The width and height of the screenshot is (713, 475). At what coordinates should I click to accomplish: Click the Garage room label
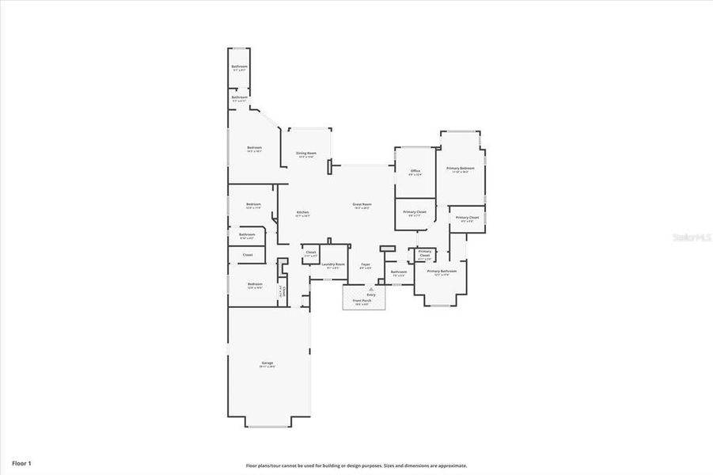pyautogui.click(x=267, y=363)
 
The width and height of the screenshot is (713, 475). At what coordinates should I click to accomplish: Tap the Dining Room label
pyautogui.click(x=306, y=153)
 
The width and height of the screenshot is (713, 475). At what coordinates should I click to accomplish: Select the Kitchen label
pyautogui.click(x=302, y=212)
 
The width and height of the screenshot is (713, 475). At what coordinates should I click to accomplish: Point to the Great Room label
pyautogui.click(x=362, y=204)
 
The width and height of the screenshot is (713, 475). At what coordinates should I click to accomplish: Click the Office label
pyautogui.click(x=415, y=170)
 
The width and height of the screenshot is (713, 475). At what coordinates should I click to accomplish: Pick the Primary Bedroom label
pyautogui.click(x=460, y=168)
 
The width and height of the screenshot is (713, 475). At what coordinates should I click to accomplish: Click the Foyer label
pyautogui.click(x=365, y=264)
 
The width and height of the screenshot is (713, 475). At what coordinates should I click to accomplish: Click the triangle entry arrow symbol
pyautogui.click(x=370, y=290)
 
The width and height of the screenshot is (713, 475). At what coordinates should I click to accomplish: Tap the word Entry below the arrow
pyautogui.click(x=370, y=295)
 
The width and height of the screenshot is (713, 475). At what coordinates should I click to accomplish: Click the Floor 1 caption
pyautogui.click(x=21, y=462)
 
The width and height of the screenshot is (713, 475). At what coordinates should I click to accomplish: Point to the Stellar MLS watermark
pyautogui.click(x=691, y=237)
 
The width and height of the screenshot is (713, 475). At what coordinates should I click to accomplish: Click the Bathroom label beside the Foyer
pyautogui.click(x=398, y=272)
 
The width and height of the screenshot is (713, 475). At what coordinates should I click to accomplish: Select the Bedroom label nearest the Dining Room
pyautogui.click(x=254, y=148)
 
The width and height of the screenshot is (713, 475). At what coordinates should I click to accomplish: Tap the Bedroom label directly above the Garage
pyautogui.click(x=254, y=284)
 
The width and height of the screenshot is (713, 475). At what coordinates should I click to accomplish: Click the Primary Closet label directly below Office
pyautogui.click(x=415, y=212)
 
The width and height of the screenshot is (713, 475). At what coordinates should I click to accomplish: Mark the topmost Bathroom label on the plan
pyautogui.click(x=239, y=66)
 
